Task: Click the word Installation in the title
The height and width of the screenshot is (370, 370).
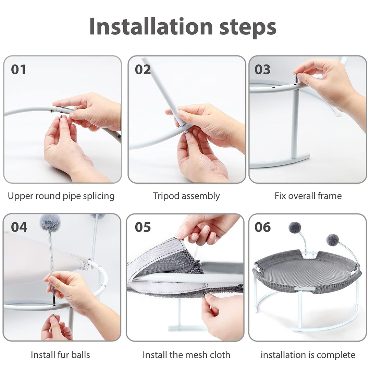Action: pos(151,26)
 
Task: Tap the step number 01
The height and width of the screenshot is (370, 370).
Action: pos(18,70)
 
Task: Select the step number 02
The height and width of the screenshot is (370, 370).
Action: pos(143,70)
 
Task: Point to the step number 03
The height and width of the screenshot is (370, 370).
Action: pos(262,70)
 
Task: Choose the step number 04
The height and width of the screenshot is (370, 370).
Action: pos(19,227)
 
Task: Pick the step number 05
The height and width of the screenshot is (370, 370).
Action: pos(143,227)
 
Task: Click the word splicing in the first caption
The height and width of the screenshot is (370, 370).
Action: pos(99,197)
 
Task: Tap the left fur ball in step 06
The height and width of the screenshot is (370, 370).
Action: pos(295,227)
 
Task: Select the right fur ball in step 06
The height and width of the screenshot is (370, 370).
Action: pos(332,240)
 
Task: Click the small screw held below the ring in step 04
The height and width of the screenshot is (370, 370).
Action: pos(54,316)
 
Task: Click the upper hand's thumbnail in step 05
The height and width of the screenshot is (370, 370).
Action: pos(207,230)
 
